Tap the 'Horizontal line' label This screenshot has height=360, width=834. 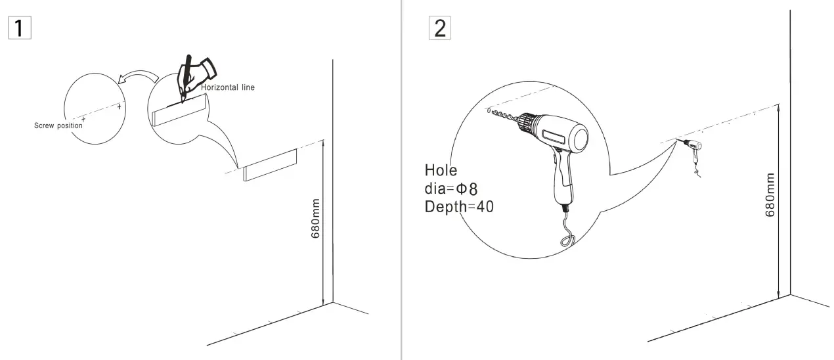(x=228, y=87)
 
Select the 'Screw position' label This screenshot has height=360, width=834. (x=58, y=125)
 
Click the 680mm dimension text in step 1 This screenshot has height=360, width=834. (x=316, y=218)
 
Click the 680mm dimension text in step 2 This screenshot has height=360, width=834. (x=770, y=194)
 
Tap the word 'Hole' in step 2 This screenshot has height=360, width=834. (x=441, y=171)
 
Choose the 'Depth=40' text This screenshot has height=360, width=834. (x=459, y=206)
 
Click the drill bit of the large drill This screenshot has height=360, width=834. (x=506, y=117)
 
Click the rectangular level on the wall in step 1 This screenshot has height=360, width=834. (x=271, y=164)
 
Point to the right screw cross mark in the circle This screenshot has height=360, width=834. (x=119, y=106)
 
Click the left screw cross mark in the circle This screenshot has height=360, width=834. (x=83, y=120)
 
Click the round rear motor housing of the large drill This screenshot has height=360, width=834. (x=577, y=138)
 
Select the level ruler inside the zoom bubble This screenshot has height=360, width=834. (x=179, y=110)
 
